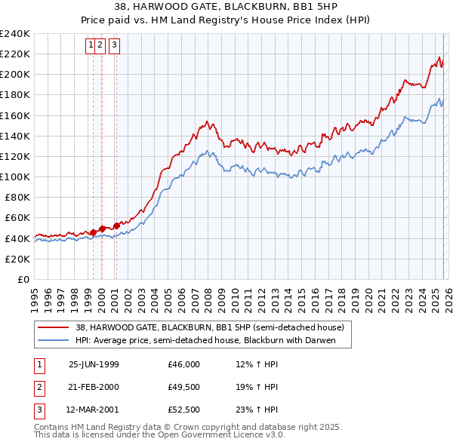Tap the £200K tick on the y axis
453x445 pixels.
(14, 75)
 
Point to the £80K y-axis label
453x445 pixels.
(17, 197)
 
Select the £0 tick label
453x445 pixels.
(23, 279)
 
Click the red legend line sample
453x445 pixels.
(53, 328)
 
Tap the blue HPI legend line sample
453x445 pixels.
(53, 341)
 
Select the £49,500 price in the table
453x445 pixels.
(184, 387)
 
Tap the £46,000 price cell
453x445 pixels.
(184, 364)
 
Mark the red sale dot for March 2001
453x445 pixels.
(116, 225)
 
